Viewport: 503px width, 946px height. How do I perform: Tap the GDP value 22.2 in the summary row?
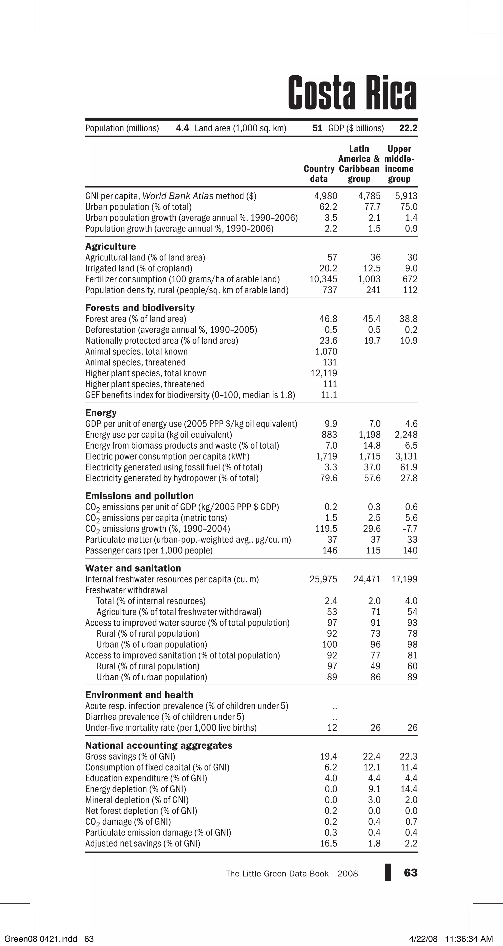(408, 128)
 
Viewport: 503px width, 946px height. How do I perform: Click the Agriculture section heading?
(110, 247)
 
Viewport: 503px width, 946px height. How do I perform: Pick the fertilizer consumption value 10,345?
(323, 279)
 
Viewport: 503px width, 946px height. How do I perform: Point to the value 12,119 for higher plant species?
(324, 373)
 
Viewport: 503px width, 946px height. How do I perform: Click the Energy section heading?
(101, 413)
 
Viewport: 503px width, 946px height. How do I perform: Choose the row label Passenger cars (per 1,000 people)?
(149, 550)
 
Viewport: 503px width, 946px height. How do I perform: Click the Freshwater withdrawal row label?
(126, 590)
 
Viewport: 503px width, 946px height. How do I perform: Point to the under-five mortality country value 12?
(332, 727)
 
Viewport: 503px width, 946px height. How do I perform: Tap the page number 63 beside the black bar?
(410, 873)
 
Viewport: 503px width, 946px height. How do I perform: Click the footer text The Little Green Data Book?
(277, 874)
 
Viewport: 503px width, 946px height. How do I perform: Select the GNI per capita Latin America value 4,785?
(369, 196)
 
